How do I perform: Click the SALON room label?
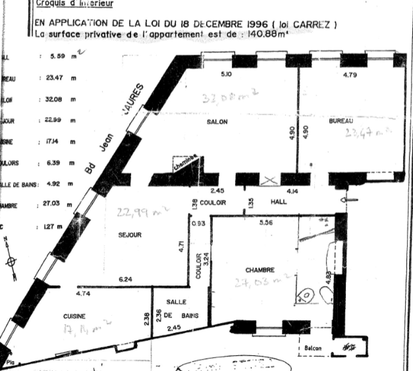[x=217, y=122]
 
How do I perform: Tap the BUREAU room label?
[x=341, y=121]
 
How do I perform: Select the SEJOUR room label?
[x=130, y=235]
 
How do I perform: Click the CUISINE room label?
[x=74, y=316]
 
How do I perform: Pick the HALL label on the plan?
[x=278, y=202]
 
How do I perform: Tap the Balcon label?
[x=313, y=348]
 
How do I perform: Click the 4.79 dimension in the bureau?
[x=350, y=75]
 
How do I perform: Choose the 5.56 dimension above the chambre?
[x=266, y=223]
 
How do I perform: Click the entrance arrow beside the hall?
[x=349, y=200]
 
